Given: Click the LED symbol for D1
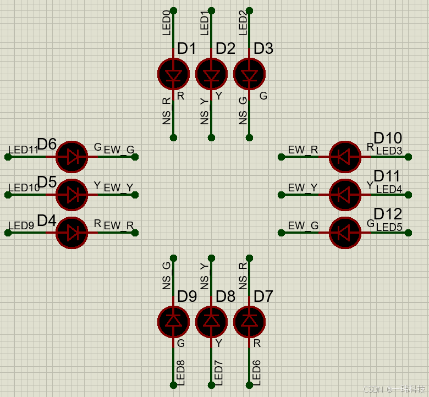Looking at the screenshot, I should (173, 74).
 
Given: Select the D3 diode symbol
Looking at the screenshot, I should (249, 74).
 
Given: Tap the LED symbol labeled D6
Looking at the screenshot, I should (72, 157).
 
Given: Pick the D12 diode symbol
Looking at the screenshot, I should (345, 233).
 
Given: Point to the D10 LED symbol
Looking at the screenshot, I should (345, 157).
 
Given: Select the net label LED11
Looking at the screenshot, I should (23, 150).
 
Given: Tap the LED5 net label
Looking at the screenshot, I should (389, 227).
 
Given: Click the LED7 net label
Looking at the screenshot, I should (218, 372).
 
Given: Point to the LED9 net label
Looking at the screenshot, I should (21, 226).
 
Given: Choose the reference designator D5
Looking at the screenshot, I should (47, 182).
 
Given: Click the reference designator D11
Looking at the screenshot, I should (387, 176).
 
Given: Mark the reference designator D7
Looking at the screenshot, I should (263, 296).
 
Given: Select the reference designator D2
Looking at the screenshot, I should (225, 48).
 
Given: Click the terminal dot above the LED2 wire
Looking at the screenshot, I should (249, 10).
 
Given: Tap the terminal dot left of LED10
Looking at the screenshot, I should (8, 195).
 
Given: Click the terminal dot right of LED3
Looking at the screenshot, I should (408, 157).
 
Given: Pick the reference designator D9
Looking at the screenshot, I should (187, 296).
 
